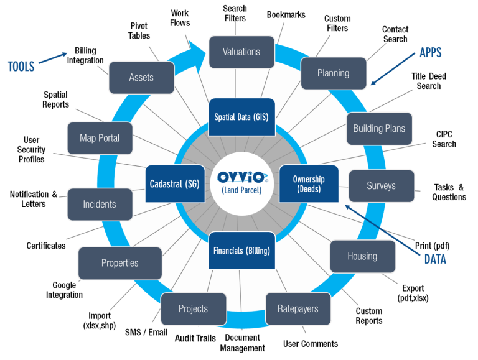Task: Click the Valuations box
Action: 241,52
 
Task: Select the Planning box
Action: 334,73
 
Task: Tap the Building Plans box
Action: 379,129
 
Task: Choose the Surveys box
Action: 381,185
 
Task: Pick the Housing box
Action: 362,256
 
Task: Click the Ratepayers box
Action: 298,308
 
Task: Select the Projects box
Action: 193,308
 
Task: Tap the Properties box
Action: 120,263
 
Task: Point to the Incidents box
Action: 100,204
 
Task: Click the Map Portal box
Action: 100,138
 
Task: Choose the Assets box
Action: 141,78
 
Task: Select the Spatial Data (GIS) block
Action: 241,116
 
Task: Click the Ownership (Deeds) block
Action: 309,183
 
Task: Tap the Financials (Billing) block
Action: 241,251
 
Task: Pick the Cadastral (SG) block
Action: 174,183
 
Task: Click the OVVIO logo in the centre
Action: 242,177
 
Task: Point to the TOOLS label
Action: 21,67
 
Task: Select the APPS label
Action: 430,53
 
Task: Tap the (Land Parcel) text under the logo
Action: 241,190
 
